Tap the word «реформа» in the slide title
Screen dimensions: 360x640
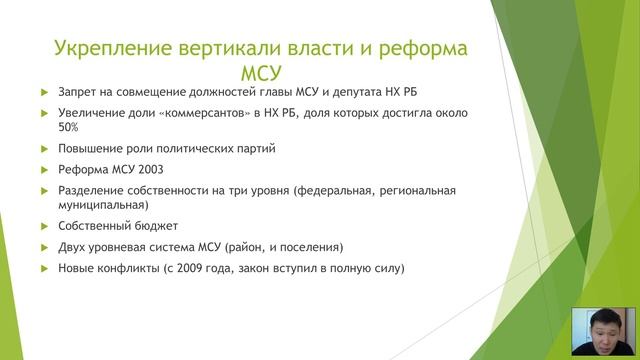(415, 49)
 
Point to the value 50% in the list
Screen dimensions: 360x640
(68, 128)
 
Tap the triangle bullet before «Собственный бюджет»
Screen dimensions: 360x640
(43, 226)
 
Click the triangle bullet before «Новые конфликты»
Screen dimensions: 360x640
(43, 268)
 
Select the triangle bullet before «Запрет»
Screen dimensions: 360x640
(43, 93)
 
